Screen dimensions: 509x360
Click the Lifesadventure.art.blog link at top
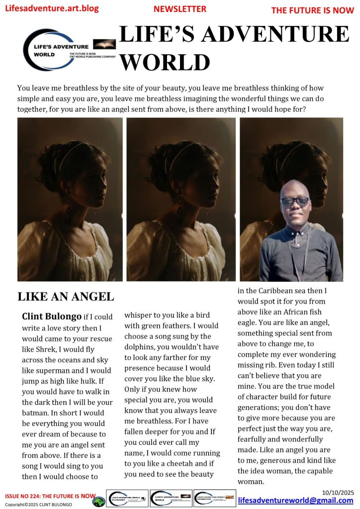click(x=52, y=8)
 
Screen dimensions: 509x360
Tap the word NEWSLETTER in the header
click(x=180, y=9)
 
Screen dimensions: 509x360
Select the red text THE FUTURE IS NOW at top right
click(x=312, y=10)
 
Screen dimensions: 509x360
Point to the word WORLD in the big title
click(x=165, y=62)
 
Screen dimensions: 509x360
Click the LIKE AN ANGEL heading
click(x=66, y=297)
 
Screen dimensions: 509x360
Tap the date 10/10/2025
click(x=342, y=492)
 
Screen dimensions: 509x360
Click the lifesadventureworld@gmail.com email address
click(x=295, y=500)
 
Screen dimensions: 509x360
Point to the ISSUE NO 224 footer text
click(x=50, y=496)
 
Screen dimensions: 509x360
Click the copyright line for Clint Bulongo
click(x=38, y=505)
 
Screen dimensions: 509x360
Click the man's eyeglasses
click(x=295, y=201)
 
